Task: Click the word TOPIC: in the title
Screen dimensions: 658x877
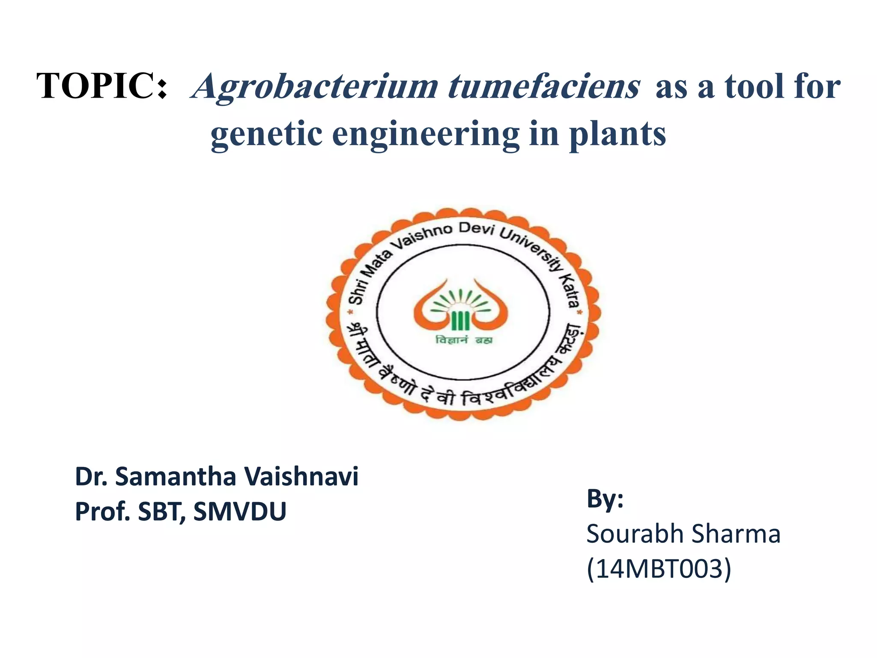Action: tap(102, 86)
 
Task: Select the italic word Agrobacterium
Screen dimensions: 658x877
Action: tap(315, 87)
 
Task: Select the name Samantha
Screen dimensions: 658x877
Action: tap(176, 476)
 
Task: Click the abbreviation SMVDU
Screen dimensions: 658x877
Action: tap(240, 511)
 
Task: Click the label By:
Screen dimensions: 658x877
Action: tap(605, 499)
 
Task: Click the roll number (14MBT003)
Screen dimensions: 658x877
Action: tap(659, 569)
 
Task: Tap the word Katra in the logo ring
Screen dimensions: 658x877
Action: tap(571, 291)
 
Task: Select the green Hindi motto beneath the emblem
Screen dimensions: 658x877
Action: tap(464, 340)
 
